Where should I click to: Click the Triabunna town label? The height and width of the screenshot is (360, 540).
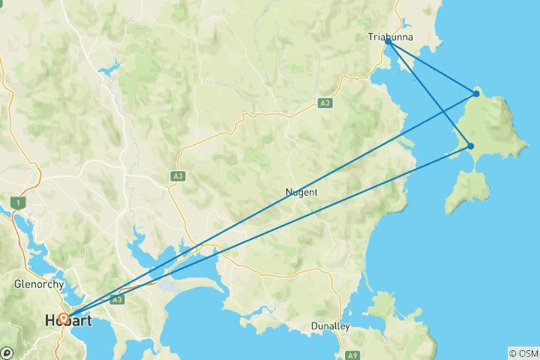pyautogui.click(x=391, y=36)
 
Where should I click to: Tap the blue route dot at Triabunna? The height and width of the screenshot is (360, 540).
pyautogui.click(x=388, y=43)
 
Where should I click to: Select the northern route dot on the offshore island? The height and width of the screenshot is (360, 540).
pyautogui.click(x=476, y=94)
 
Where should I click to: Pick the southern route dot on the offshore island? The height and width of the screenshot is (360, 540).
pyautogui.click(x=470, y=146)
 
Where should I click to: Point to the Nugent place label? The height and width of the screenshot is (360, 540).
pyautogui.click(x=301, y=192)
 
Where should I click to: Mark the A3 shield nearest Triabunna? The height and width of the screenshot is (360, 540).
pyautogui.click(x=325, y=103)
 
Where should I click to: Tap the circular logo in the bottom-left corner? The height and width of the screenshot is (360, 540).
pyautogui.click(x=7, y=353)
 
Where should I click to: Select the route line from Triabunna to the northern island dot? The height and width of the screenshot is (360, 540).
pyautogui.click(x=432, y=68)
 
